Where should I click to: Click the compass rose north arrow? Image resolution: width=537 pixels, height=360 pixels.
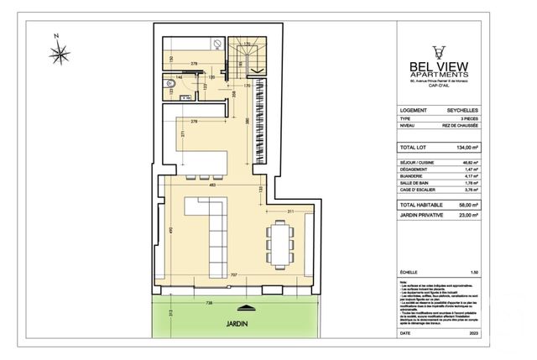[x=60, y=55]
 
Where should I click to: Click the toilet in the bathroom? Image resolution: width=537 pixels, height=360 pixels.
[x=166, y=85]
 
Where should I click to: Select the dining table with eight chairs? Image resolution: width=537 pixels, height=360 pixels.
[x=279, y=241]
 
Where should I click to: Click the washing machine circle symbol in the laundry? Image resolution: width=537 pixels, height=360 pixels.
[x=216, y=47]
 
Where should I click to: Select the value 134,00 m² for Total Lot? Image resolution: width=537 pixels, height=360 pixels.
[x=465, y=146]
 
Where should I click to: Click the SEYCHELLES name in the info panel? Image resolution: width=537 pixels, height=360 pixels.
[x=462, y=110]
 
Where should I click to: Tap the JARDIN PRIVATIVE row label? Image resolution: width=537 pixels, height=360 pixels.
[x=422, y=215]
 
